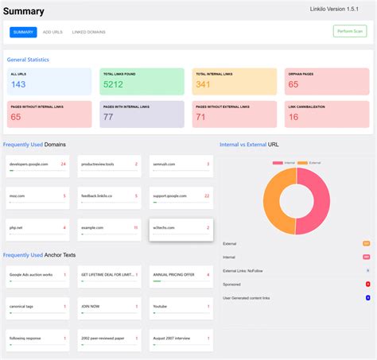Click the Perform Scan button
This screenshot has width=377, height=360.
[x=350, y=32]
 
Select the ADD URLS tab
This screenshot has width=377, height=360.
[x=52, y=32]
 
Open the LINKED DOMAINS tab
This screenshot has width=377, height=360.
[x=89, y=32]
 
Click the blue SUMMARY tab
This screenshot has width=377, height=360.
[x=23, y=32]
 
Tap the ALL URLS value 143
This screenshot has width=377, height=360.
[x=18, y=84]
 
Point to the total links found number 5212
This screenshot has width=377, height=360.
[x=113, y=84]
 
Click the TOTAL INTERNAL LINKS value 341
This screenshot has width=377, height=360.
[x=204, y=84]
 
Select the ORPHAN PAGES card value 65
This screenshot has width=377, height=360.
[x=293, y=84]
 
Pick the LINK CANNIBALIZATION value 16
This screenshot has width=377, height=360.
[x=293, y=117]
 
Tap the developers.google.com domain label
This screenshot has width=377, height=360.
[x=29, y=164]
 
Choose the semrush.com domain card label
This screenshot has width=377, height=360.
[x=165, y=164]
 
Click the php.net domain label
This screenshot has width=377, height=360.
[x=17, y=227]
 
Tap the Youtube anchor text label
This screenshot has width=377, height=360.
[x=160, y=306]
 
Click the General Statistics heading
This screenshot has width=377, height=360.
[x=28, y=60]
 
